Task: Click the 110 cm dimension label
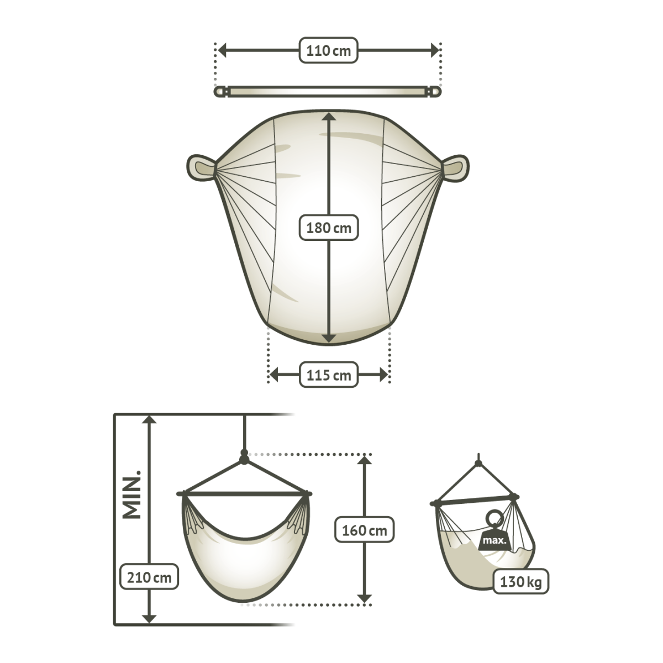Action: [329, 51]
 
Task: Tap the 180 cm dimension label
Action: [329, 228]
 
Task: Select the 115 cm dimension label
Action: [329, 375]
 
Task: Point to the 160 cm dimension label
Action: [364, 530]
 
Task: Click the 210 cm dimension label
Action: [149, 578]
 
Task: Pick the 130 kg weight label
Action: [520, 582]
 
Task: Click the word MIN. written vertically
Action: [132, 495]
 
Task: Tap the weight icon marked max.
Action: [494, 535]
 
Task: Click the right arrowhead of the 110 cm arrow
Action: [435, 51]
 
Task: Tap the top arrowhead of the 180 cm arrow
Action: [329, 116]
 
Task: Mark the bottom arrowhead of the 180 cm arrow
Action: [329, 339]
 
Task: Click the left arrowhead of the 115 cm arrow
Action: [274, 375]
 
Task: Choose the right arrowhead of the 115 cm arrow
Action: [383, 375]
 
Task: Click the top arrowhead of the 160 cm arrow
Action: [365, 460]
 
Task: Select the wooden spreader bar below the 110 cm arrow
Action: [328, 92]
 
